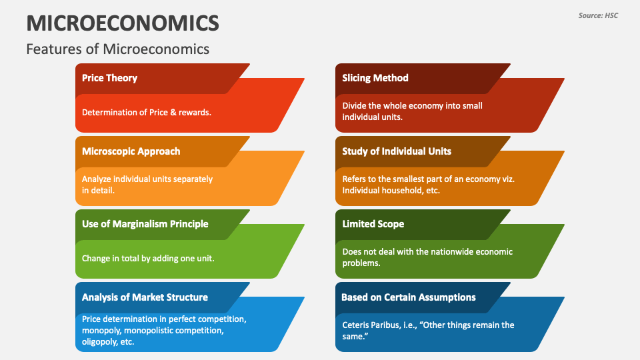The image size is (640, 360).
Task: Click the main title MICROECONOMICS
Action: point(123,23)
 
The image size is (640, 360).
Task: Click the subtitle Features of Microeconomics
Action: point(117,49)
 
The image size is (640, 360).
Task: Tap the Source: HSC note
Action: point(598,15)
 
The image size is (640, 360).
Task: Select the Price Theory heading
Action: point(109,78)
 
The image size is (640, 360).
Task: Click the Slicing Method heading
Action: point(375,78)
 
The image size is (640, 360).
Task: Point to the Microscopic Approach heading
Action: point(131,151)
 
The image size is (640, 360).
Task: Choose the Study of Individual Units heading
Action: point(397,151)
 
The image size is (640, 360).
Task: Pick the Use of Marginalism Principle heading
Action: point(145,224)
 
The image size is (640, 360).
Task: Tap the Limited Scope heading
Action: point(373,224)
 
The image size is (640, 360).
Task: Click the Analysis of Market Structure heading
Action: point(145,297)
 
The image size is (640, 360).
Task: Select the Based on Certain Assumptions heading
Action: point(408,297)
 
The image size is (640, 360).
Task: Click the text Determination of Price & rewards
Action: point(146,112)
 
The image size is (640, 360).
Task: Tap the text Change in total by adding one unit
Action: point(147,258)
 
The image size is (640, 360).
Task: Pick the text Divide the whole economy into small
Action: point(412,106)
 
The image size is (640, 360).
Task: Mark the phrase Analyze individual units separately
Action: point(147,179)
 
